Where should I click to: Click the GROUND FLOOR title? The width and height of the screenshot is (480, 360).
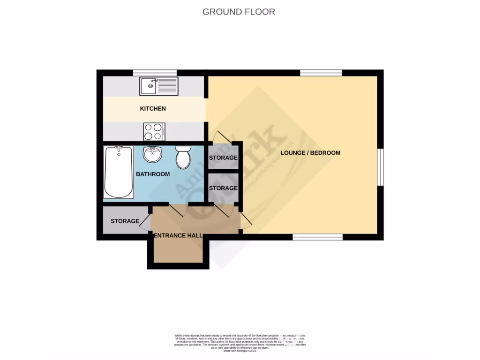coord(239,12)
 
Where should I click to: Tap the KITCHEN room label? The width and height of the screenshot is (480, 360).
coord(153,109)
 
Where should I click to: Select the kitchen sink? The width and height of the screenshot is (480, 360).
coord(159,86)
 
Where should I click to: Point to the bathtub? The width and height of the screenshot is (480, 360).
coord(118,172)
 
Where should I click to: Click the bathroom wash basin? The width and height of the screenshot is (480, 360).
coord(152,153)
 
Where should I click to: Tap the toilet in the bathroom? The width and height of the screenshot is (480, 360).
coord(183,157)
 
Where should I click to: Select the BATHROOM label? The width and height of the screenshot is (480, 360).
coord(153,174)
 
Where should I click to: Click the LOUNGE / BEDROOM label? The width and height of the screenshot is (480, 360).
coord(310,153)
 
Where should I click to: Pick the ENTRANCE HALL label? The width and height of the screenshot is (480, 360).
coord(178,235)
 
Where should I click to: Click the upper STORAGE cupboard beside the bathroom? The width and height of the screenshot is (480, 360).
coord(223,157)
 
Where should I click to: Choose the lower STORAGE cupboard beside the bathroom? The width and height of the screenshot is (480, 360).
coord(223,188)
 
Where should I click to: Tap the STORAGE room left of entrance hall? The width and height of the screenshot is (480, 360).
coord(125,221)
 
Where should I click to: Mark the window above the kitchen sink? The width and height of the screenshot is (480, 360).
coord(155,73)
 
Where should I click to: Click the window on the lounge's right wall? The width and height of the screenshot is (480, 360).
coord(381,167)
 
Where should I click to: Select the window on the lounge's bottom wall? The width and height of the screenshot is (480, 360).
coord(318,237)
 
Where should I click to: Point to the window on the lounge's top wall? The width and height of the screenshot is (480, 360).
coord(321,73)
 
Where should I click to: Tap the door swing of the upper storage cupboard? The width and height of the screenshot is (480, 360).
coord(220,137)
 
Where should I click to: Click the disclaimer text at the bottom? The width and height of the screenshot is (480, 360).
coord(240,342)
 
